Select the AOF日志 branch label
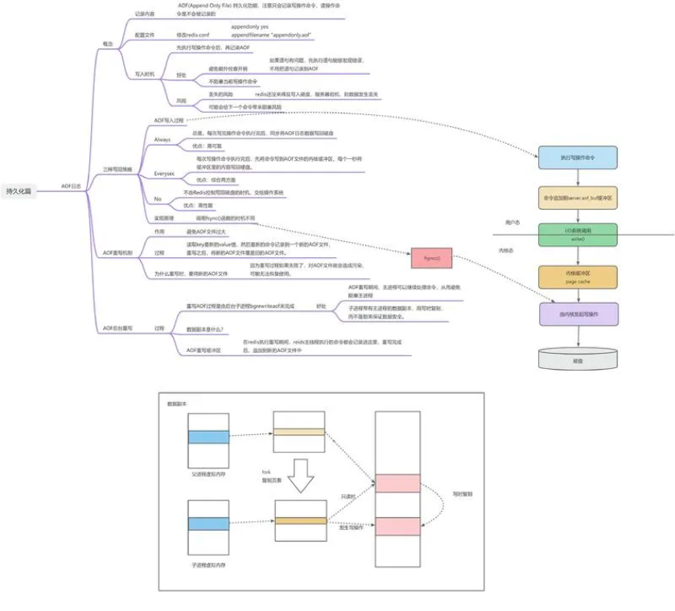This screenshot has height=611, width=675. (x=71, y=186)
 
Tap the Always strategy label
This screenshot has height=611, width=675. (x=163, y=139)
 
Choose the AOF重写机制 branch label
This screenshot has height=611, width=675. (x=117, y=252)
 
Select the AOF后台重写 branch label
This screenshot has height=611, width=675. (x=117, y=329)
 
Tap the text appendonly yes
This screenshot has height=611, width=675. (x=249, y=27)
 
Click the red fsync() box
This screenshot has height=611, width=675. (x=431, y=258)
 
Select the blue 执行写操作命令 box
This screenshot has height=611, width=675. (x=578, y=158)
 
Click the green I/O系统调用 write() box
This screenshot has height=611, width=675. (x=578, y=234)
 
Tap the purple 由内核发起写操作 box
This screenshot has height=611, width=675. (x=578, y=314)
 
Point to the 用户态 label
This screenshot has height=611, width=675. (x=512, y=222)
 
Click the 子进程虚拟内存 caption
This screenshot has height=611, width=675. (x=207, y=566)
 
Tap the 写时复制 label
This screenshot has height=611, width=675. (x=463, y=494)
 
